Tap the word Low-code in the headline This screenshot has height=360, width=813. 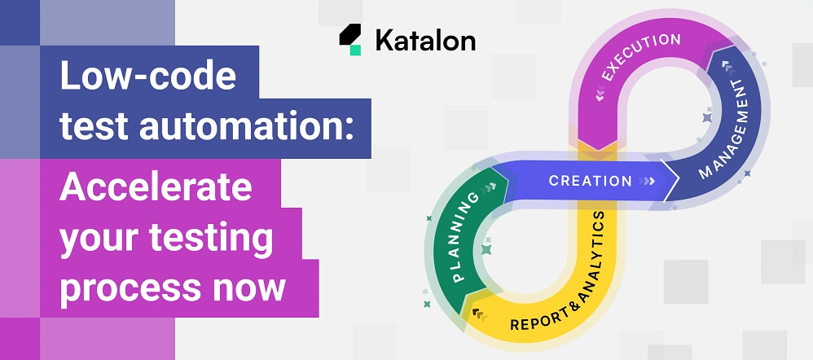[147, 77]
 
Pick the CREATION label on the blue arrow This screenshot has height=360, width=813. [590, 181]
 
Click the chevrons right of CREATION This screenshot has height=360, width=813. [648, 181]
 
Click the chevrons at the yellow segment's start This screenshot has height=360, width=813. [477, 314]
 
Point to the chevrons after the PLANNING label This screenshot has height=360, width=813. [489, 188]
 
